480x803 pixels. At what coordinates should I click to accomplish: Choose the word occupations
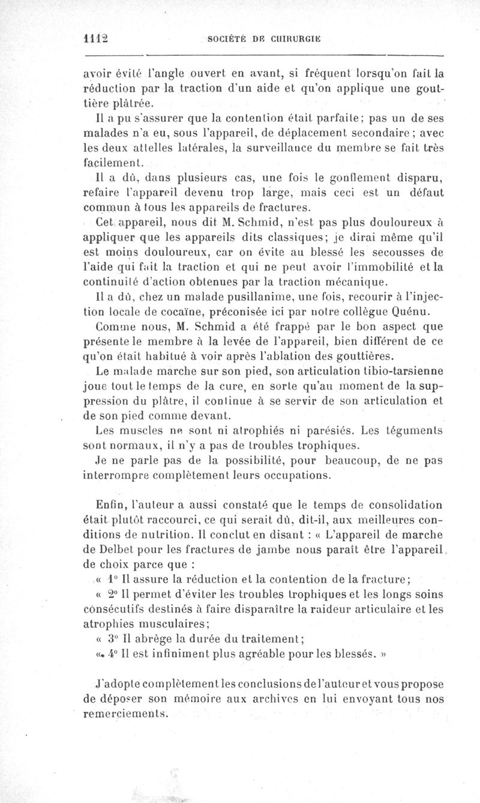[x=289, y=476]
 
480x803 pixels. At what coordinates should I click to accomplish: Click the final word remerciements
[x=128, y=714]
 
